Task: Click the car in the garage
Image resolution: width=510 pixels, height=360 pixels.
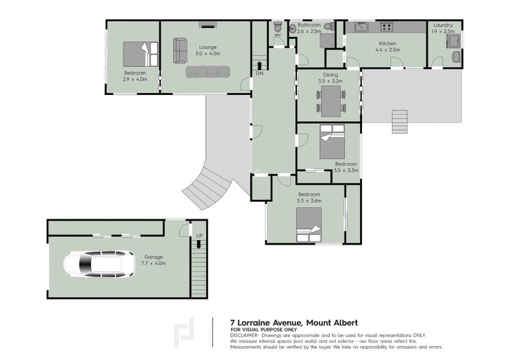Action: point(99,264)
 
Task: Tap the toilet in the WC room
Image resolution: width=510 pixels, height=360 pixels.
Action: point(277,26)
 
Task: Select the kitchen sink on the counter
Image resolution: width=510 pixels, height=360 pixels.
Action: point(361,27)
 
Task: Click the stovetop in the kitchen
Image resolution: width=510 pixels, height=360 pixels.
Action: point(387,27)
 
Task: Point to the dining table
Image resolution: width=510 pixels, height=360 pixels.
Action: point(331,101)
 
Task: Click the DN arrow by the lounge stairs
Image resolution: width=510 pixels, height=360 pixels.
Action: point(259,65)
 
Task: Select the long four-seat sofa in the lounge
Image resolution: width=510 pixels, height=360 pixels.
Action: point(208,71)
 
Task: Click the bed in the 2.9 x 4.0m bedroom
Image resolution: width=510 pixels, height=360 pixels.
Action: point(140,54)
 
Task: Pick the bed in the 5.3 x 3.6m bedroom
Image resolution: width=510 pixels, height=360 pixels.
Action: point(309,225)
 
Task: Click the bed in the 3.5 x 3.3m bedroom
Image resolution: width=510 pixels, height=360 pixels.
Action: point(331,142)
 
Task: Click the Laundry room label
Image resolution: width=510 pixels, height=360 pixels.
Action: point(442,25)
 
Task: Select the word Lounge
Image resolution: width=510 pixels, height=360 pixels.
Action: point(208,47)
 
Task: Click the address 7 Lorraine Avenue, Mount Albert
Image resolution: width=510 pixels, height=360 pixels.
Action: point(294,322)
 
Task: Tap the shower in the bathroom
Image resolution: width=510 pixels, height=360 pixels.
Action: point(326,40)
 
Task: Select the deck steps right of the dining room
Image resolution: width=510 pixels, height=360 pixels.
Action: point(400,122)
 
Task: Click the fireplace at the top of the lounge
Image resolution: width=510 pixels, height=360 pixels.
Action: point(208,25)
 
